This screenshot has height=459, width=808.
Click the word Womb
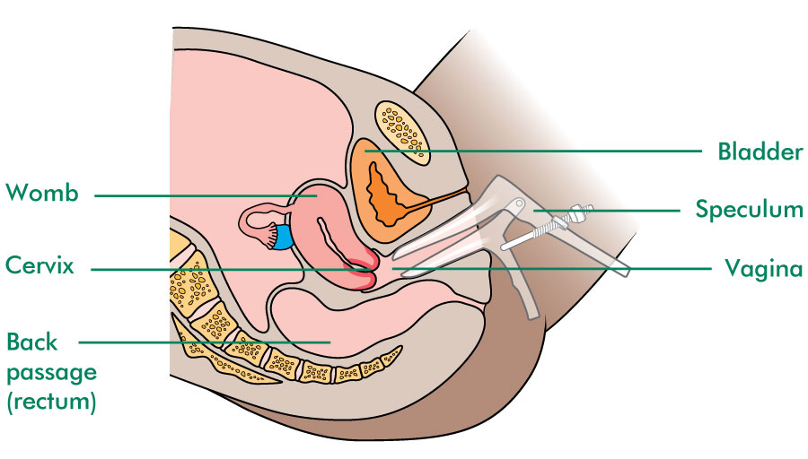(42, 193)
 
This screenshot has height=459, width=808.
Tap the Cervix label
(40, 265)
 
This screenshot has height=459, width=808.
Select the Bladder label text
(760, 152)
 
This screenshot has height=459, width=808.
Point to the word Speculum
(749, 210)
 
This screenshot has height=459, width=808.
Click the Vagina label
(764, 268)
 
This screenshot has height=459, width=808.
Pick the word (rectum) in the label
(51, 402)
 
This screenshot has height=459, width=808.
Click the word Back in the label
(32, 342)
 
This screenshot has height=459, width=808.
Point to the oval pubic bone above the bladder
(402, 133)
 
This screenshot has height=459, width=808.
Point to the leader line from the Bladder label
(533, 152)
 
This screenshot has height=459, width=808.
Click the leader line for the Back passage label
(204, 342)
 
